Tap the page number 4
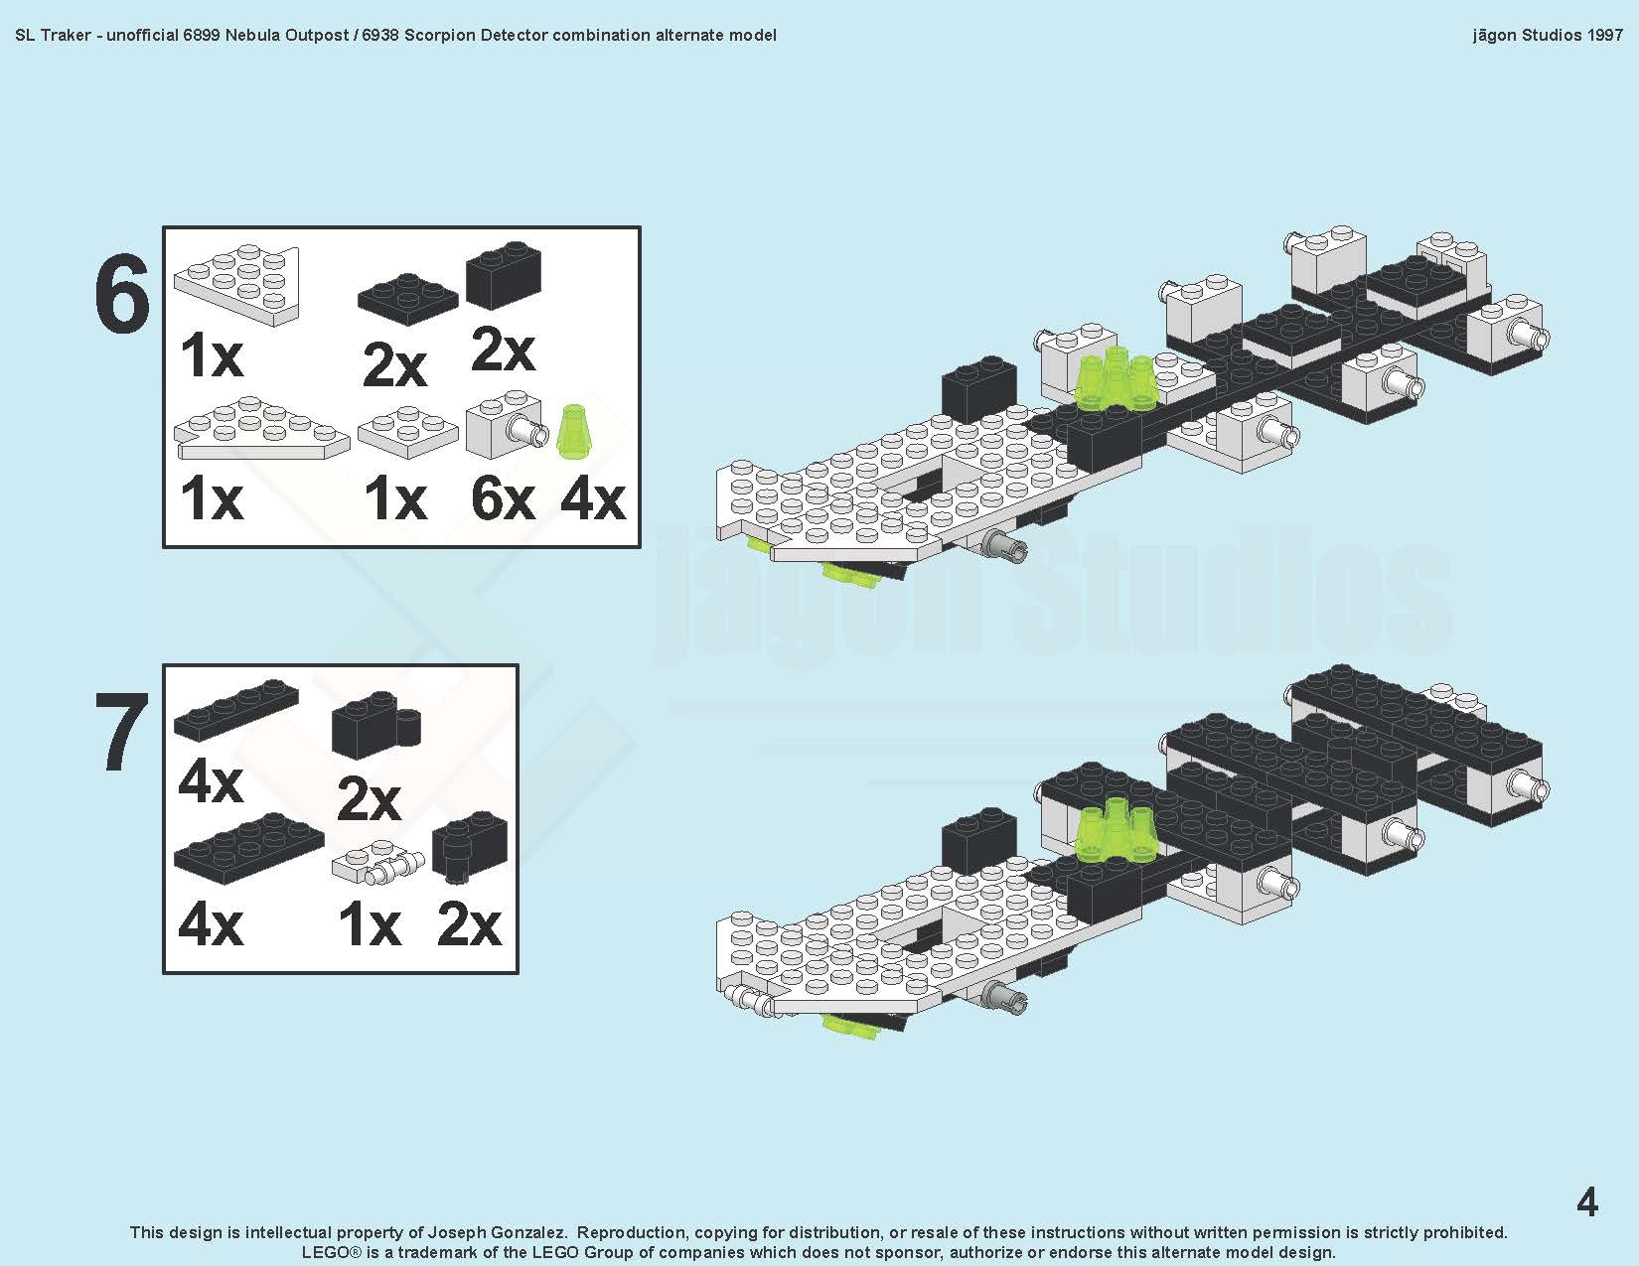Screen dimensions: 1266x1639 click(x=1586, y=1202)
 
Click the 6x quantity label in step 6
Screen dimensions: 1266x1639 click(x=503, y=498)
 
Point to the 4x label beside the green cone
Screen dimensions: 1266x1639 click(x=593, y=498)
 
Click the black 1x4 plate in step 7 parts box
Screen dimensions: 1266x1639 click(x=235, y=709)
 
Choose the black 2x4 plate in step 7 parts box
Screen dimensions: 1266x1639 click(x=248, y=848)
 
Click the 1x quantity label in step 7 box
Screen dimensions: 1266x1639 click(x=370, y=925)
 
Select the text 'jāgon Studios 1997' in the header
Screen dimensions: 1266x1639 click(x=1548, y=35)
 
